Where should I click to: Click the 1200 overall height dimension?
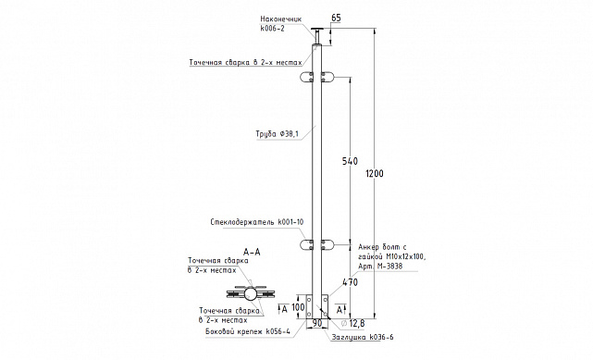(x=375, y=174)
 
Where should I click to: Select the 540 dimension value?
(x=350, y=161)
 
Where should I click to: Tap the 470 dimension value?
(x=350, y=282)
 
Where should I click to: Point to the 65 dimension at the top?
(x=336, y=18)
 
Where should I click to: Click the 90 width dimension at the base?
(x=317, y=323)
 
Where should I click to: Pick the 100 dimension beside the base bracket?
(x=298, y=307)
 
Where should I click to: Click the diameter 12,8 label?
(x=352, y=323)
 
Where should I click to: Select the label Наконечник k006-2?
(x=281, y=23)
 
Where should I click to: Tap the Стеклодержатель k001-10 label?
(x=257, y=222)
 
